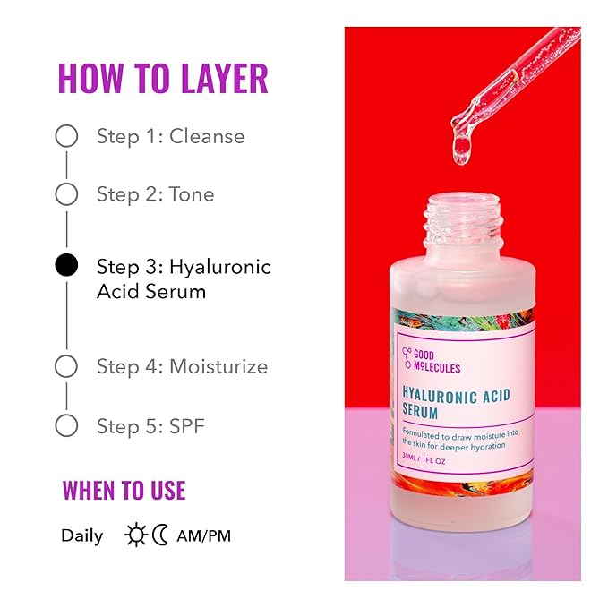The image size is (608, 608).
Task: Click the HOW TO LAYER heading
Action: [x=162, y=79]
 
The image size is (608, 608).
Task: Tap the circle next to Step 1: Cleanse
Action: [x=66, y=136]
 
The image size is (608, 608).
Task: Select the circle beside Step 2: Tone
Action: [x=66, y=194]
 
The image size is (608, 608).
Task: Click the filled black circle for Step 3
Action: [x=66, y=266]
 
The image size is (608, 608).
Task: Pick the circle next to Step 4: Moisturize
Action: [x=66, y=366]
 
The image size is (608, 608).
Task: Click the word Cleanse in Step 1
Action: [x=207, y=136]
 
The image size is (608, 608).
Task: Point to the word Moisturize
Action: [x=218, y=366]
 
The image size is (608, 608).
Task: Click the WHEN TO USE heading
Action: [x=124, y=490]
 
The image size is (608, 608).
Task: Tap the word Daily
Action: [x=81, y=536]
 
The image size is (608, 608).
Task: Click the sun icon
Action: [x=136, y=535]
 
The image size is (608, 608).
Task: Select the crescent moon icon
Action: [x=160, y=535]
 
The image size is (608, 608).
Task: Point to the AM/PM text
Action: [x=204, y=536]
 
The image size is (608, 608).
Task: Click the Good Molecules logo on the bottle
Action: [x=432, y=360]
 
